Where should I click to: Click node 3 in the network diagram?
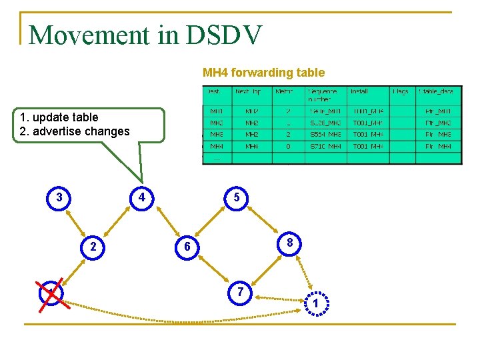click(x=59, y=197)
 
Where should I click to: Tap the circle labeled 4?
click(x=141, y=197)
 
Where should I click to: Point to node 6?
click(x=187, y=247)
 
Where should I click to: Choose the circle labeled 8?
click(x=289, y=243)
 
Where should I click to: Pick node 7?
click(x=240, y=292)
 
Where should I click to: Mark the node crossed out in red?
click(x=51, y=294)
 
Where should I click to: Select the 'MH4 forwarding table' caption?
click(x=263, y=73)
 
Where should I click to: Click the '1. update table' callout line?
click(x=59, y=117)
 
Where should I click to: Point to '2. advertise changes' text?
click(x=71, y=131)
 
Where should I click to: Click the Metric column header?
click(x=283, y=91)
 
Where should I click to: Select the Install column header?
click(x=360, y=91)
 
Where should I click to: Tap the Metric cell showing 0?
click(x=288, y=146)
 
